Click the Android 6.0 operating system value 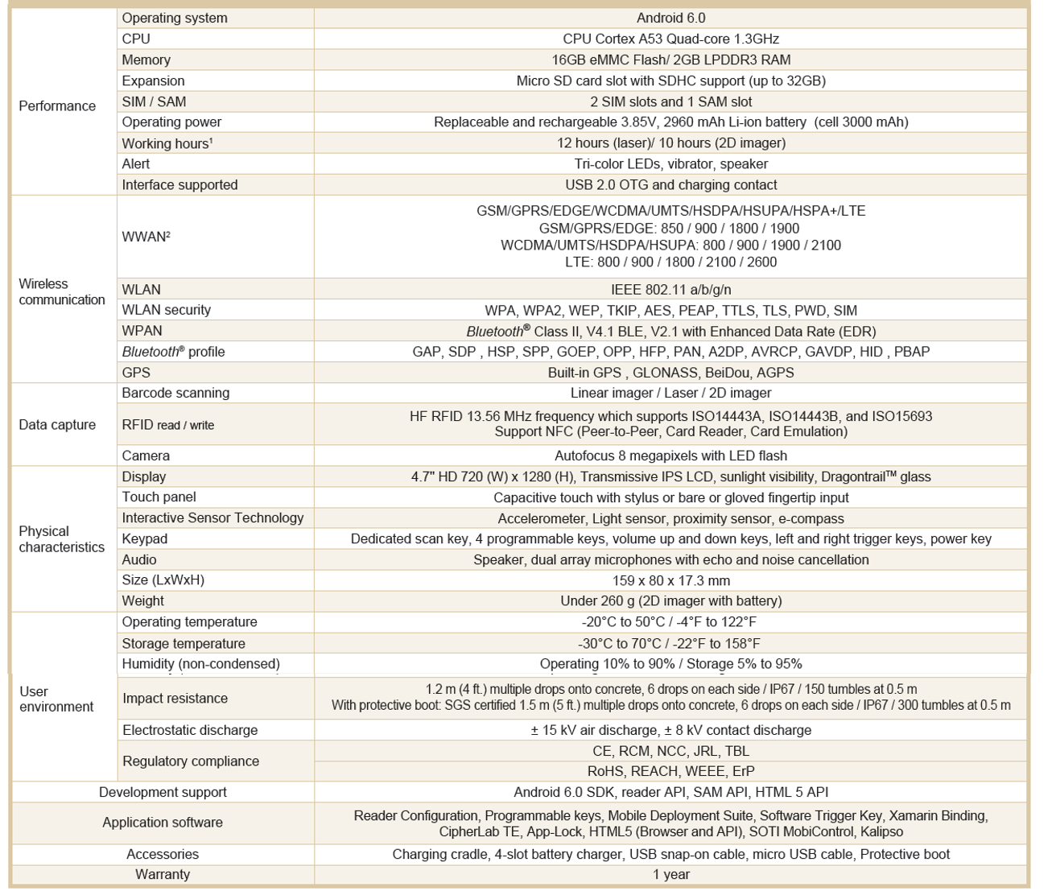tap(670, 18)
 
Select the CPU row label tap(136, 39)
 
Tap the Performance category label tap(57, 106)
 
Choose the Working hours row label tap(167, 143)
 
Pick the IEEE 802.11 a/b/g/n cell tap(670, 289)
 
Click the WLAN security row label tap(166, 310)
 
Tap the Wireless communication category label tap(62, 291)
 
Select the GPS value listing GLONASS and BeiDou tap(670, 373)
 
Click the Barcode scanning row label tap(175, 393)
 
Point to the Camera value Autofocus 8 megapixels tap(670, 456)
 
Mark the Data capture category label tap(57, 425)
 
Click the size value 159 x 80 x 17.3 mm tap(670, 580)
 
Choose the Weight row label tap(142, 600)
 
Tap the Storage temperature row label tap(184, 643)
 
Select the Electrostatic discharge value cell tap(670, 730)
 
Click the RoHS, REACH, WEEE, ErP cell tap(670, 771)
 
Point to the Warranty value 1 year tap(670, 874)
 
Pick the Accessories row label tap(163, 854)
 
